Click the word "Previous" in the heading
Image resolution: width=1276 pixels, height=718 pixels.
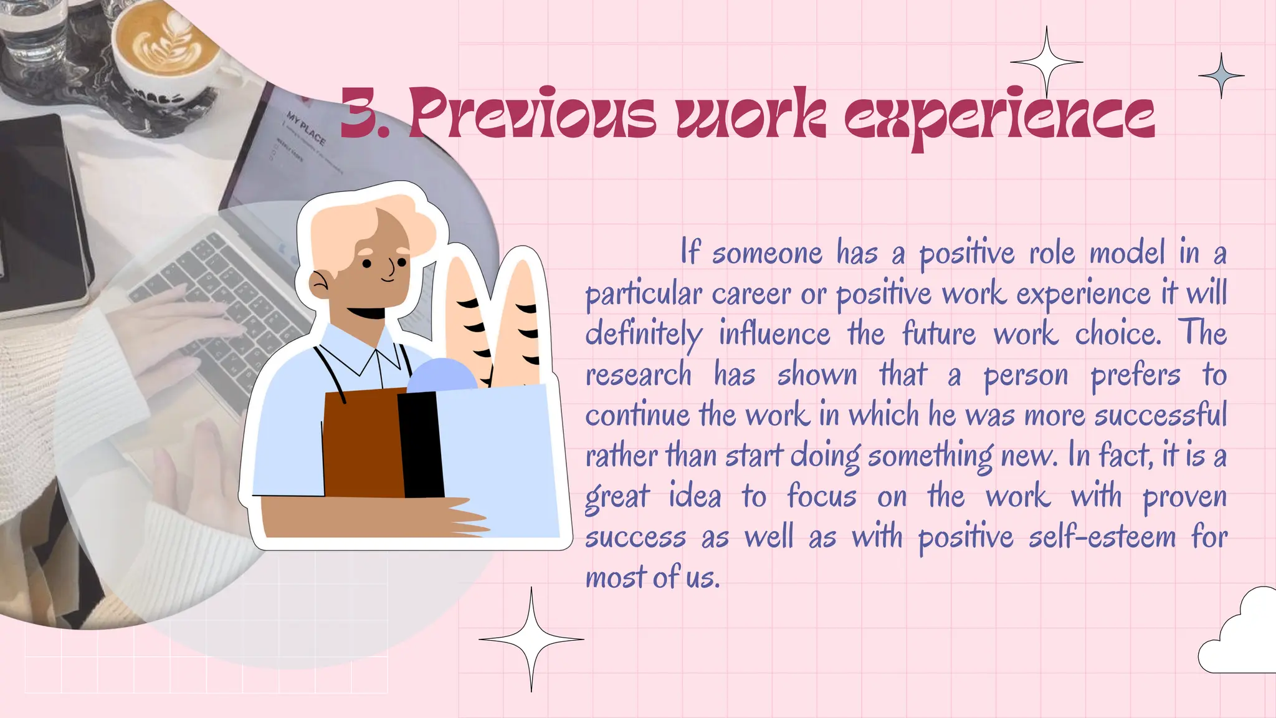coord(533,115)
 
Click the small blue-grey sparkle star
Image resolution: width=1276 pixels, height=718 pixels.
coord(1221,76)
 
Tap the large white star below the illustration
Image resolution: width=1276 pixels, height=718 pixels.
coord(531,639)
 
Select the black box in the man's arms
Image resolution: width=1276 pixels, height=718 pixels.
coord(421,444)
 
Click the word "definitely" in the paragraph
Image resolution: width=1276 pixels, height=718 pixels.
coord(644,335)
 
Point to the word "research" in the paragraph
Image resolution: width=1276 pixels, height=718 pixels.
coord(639,375)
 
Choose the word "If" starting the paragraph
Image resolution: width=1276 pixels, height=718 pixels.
coord(690,252)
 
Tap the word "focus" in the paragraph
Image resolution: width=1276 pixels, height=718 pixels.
coord(821,497)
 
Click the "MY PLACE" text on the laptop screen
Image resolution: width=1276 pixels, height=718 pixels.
coord(306,128)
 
